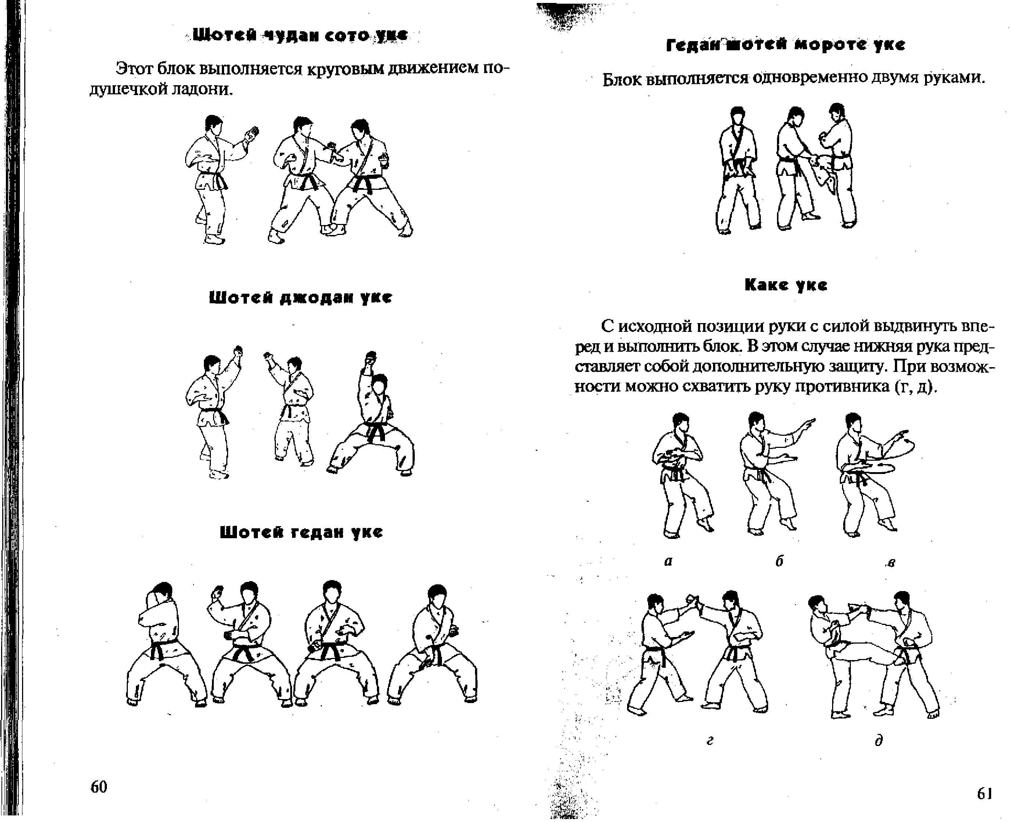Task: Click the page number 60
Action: (x=99, y=786)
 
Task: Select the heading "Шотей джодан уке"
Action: (x=301, y=298)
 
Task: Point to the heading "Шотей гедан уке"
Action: (x=301, y=532)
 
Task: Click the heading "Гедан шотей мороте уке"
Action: (x=785, y=45)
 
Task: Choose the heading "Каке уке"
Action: (x=786, y=285)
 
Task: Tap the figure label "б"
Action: (x=779, y=561)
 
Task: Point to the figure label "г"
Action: (x=710, y=740)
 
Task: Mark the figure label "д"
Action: (x=879, y=740)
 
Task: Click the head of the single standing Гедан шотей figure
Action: (x=738, y=116)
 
